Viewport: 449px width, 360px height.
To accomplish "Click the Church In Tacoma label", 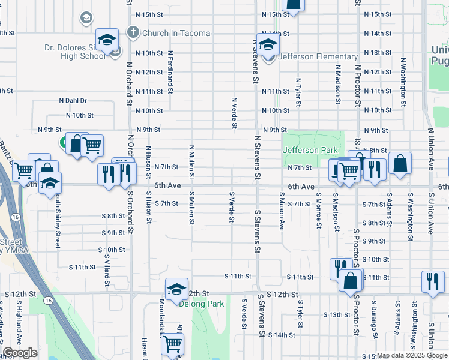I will [x=176, y=34].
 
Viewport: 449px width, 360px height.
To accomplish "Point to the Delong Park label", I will [x=202, y=304].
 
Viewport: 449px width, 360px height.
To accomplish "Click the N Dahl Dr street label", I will [x=73, y=101].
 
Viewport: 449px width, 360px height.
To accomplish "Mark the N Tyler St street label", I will [x=298, y=92].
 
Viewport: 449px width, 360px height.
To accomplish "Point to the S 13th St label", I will [x=336, y=314].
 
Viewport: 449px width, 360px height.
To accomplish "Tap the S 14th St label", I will [x=282, y=335].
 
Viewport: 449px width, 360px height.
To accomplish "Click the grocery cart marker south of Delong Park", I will [x=172, y=344].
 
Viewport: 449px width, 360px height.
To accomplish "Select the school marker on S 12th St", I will [x=176, y=289].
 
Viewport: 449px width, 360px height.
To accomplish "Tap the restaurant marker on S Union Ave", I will [x=432, y=281].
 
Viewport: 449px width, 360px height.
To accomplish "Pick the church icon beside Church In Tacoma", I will [x=133, y=33].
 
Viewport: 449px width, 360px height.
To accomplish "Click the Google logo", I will [x=20, y=353].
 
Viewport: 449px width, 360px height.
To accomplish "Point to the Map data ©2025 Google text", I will [x=411, y=355].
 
